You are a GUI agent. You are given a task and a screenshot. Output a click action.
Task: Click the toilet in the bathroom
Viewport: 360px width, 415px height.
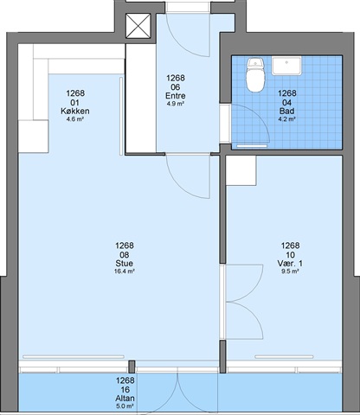[255, 75]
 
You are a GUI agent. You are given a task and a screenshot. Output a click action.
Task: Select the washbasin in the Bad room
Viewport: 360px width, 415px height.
[286, 66]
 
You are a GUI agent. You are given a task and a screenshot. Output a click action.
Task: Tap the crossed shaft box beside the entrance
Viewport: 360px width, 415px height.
[138, 26]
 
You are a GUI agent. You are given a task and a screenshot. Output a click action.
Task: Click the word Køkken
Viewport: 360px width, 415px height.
[75, 111]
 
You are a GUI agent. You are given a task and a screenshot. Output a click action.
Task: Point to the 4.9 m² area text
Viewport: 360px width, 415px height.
[176, 104]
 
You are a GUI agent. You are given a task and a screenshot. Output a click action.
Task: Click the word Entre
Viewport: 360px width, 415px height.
[176, 96]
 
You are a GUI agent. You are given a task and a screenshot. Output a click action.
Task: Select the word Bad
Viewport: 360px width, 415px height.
[287, 111]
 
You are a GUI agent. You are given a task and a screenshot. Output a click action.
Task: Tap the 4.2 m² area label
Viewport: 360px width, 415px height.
[287, 118]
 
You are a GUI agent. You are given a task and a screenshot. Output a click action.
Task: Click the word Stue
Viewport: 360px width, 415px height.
[125, 263]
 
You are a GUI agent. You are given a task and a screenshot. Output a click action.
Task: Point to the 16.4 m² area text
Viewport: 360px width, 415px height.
[125, 271]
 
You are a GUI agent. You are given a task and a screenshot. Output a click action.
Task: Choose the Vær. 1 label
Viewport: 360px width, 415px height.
[290, 263]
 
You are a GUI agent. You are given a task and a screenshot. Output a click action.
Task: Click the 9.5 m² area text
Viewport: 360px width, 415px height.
[290, 271]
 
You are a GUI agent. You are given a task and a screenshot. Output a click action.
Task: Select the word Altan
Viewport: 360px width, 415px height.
[125, 399]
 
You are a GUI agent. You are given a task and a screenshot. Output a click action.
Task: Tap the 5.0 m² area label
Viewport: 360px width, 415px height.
[125, 406]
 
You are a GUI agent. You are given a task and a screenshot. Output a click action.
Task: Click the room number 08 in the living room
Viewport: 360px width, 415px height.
[125, 255]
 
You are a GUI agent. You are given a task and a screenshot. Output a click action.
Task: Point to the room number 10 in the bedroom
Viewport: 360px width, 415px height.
[290, 255]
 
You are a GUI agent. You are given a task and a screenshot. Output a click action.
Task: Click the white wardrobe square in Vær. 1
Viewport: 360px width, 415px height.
[241, 170]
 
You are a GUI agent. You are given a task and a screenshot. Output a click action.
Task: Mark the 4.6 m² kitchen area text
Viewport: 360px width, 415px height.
[75, 118]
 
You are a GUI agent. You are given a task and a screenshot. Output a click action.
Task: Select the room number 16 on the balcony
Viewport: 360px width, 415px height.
[125, 390]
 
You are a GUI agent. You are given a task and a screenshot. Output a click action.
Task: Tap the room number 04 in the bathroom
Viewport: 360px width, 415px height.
[287, 103]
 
